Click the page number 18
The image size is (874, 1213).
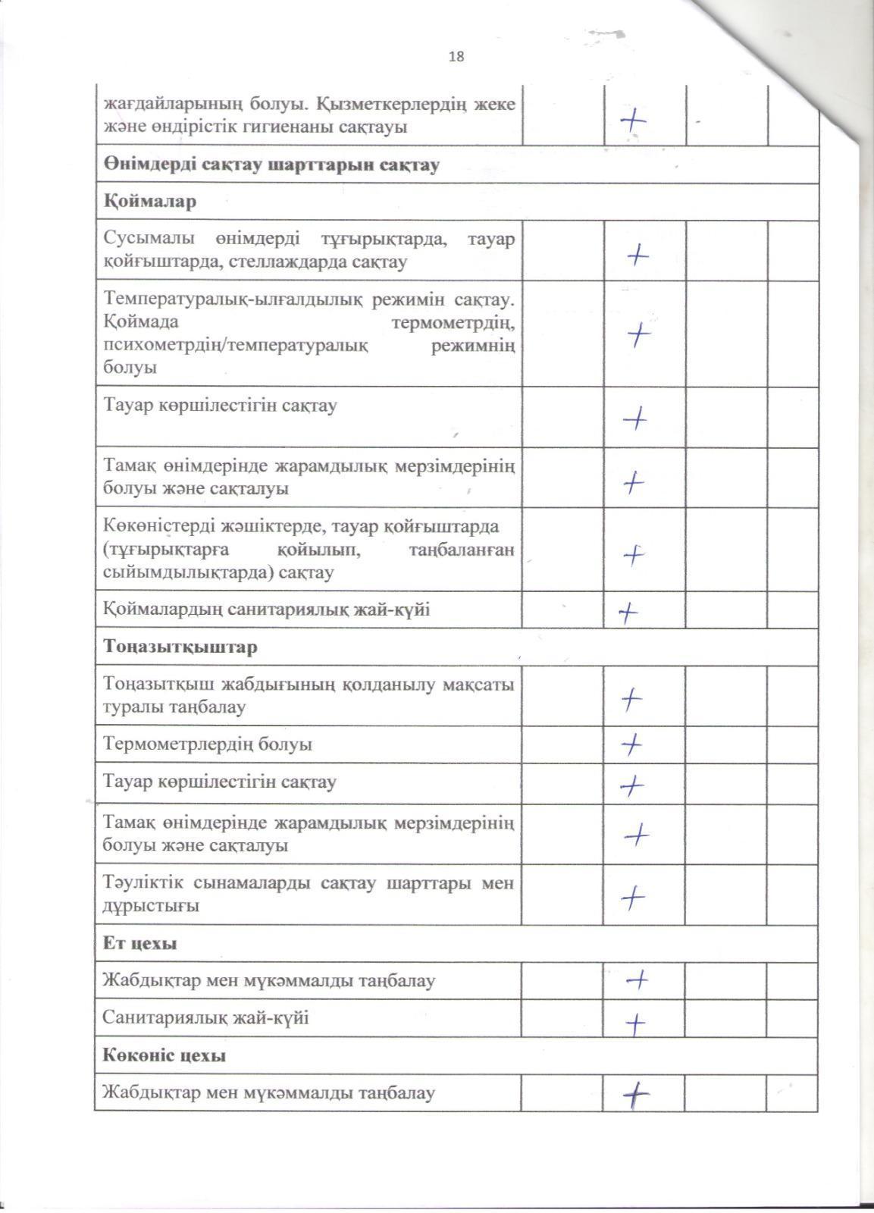point(456,56)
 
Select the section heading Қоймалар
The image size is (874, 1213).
point(150,202)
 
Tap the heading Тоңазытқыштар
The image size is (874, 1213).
point(180,647)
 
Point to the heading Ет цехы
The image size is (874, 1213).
point(139,944)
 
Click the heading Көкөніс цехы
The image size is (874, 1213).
point(164,1055)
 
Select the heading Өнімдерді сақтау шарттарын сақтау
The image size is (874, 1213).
point(271,165)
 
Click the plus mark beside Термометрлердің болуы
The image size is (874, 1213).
point(631,744)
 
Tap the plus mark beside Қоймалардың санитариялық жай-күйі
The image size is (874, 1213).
point(628,611)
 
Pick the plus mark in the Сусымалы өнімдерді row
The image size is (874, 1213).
point(637,255)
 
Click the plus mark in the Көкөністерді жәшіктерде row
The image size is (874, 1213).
point(633,555)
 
